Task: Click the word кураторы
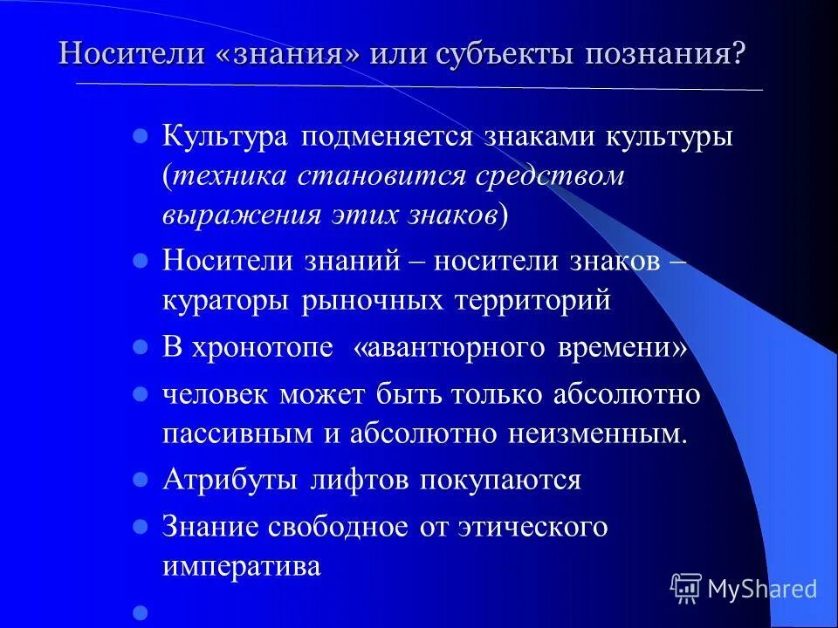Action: pyautogui.click(x=226, y=300)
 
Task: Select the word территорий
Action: pyautogui.click(x=532, y=300)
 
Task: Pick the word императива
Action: pyautogui.click(x=242, y=566)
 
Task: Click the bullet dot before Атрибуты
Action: pyautogui.click(x=139, y=481)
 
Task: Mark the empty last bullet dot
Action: pyautogui.click(x=139, y=613)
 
